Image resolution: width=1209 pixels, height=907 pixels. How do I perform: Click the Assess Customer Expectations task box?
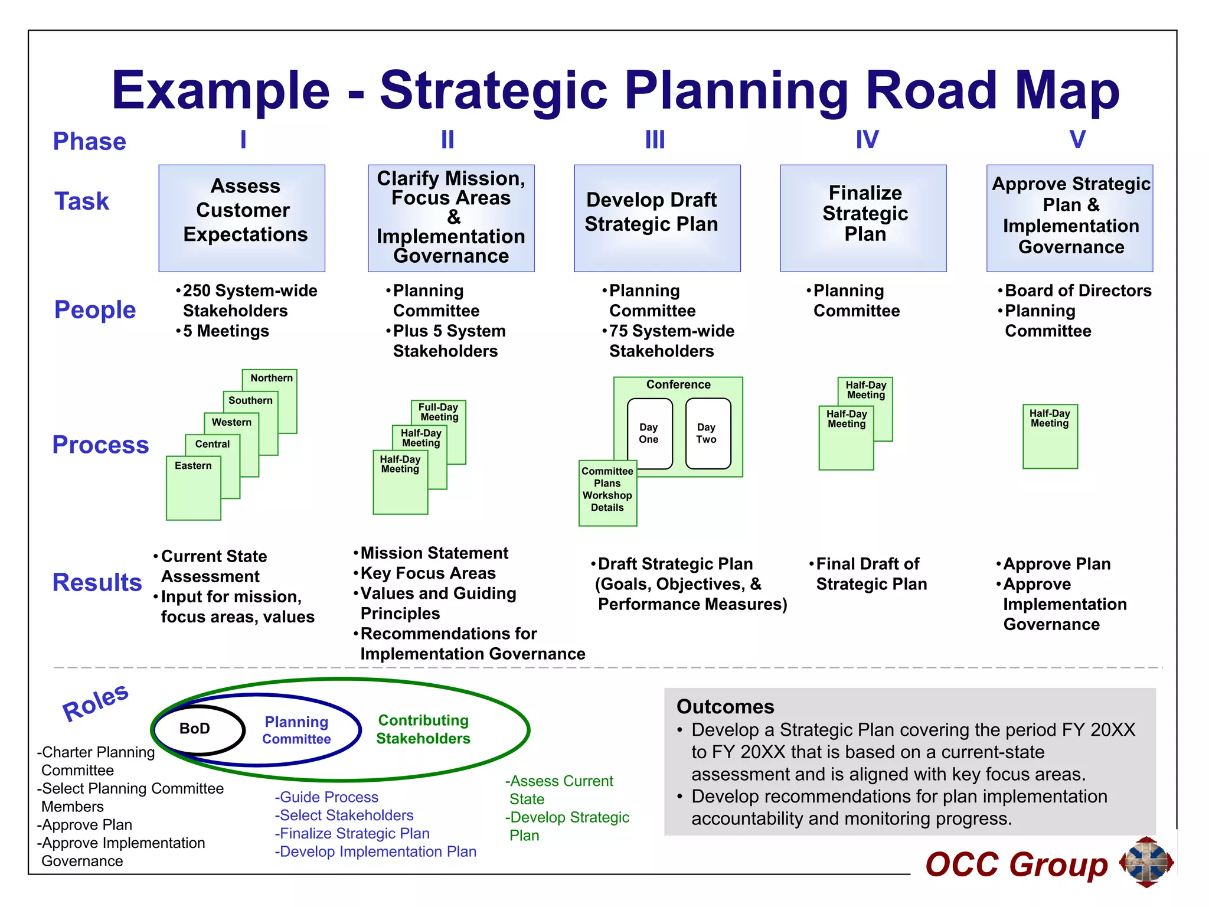pyautogui.click(x=241, y=218)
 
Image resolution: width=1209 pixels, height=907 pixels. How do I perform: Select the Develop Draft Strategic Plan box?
pyautogui.click(x=656, y=218)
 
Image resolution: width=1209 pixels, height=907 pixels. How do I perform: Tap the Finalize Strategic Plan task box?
pyautogui.click(x=863, y=218)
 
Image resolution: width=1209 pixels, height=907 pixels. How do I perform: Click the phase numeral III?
pyautogui.click(x=655, y=140)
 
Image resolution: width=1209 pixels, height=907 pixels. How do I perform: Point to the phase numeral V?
pyautogui.click(x=1077, y=140)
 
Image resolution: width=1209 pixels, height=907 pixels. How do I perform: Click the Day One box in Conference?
pyautogui.click(x=649, y=433)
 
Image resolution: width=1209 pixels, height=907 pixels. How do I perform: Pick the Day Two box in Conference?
pyautogui.click(x=708, y=433)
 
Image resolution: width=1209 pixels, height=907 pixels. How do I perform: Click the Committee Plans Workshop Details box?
pyautogui.click(x=607, y=492)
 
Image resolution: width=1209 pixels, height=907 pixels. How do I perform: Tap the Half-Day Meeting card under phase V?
pyautogui.click(x=1050, y=436)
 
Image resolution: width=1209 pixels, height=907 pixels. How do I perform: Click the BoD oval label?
pyautogui.click(x=195, y=729)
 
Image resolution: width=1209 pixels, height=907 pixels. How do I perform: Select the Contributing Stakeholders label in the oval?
pyautogui.click(x=423, y=729)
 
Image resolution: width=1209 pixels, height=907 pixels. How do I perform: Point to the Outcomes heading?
pyautogui.click(x=725, y=706)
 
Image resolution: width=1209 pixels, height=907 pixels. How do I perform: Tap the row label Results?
pyautogui.click(x=97, y=582)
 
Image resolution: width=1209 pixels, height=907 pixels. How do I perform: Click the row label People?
pyautogui.click(x=95, y=309)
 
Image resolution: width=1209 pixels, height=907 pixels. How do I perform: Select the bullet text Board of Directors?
pyautogui.click(x=1077, y=291)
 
